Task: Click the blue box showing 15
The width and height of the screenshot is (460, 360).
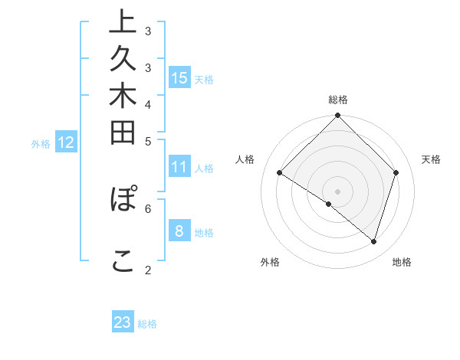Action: click(179, 77)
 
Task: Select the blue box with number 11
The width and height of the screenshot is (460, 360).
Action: click(179, 167)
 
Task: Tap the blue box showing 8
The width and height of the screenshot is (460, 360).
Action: click(179, 231)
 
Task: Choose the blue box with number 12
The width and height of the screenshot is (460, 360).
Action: click(66, 142)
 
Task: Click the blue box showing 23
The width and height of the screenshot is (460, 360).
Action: click(123, 322)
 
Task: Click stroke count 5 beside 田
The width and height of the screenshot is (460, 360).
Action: click(148, 141)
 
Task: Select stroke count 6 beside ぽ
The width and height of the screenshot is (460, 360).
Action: click(148, 208)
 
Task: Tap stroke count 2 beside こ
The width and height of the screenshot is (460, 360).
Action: click(148, 270)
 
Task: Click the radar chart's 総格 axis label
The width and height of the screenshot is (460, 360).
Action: click(338, 100)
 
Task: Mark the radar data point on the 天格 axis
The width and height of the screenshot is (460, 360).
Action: click(396, 173)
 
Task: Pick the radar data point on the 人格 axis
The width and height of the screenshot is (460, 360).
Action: click(280, 173)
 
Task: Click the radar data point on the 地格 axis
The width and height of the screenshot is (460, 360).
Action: click(373, 241)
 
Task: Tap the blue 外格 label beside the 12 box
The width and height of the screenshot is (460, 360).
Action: click(41, 143)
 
